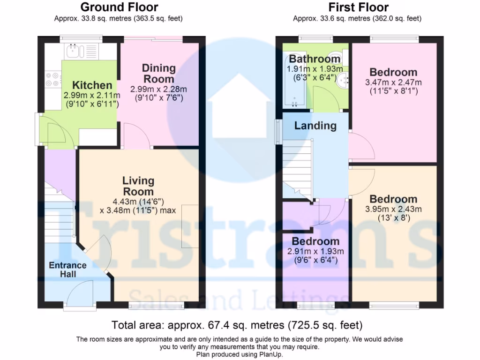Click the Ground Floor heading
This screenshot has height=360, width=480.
pos(119,7)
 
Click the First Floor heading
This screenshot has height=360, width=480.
pos(358,7)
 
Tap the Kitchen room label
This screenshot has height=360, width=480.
pos(92,85)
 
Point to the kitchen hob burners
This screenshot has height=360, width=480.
pos(52,78)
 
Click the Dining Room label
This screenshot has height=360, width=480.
pos(158,73)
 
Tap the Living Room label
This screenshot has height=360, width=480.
pos(138,186)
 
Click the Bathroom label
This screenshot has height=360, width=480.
pos(315,59)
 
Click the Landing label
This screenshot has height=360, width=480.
pos(315,126)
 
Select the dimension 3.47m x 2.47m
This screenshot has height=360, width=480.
pos(393,82)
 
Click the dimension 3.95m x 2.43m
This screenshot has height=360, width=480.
pos(393,209)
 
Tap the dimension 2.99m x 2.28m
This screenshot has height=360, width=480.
pos(158,89)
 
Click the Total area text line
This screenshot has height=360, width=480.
pos(237,325)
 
